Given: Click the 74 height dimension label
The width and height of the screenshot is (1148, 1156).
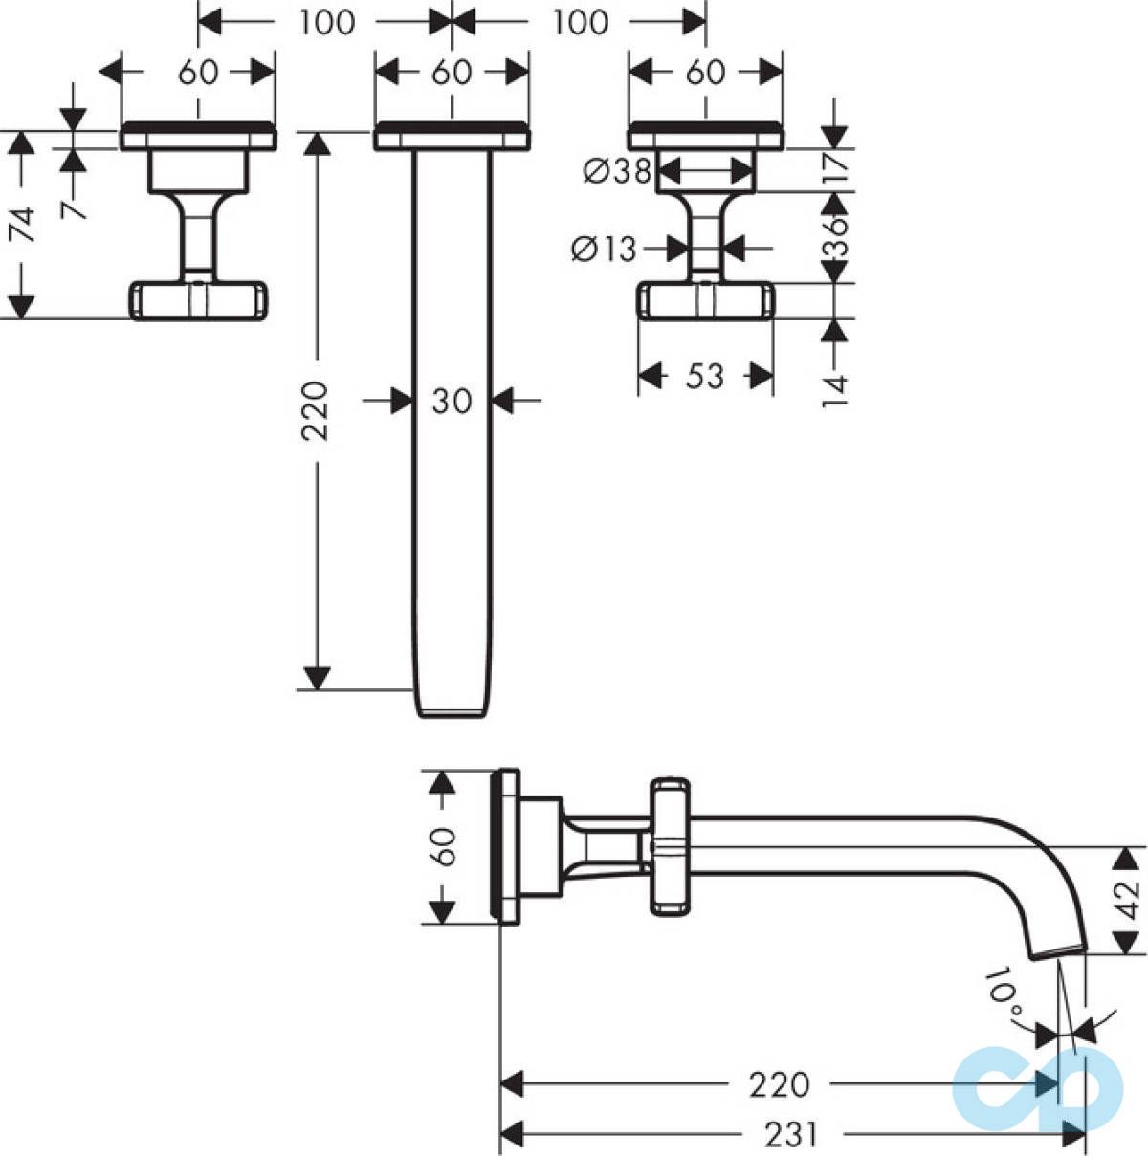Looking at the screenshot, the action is coord(22,225).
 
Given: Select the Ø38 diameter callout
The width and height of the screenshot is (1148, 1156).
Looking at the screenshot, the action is coord(617,171).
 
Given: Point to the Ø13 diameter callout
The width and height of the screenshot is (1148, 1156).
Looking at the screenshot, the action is coord(604,249).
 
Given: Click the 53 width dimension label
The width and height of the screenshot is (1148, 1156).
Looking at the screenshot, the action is coord(705,376).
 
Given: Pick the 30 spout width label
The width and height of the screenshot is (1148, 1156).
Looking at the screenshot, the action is coord(452,401).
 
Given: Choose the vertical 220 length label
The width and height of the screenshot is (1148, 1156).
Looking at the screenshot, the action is coord(315,411).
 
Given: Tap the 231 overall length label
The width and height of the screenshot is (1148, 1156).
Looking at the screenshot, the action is coord(791,1134).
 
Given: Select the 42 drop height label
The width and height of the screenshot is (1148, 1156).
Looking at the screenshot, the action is coord(1127,899).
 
